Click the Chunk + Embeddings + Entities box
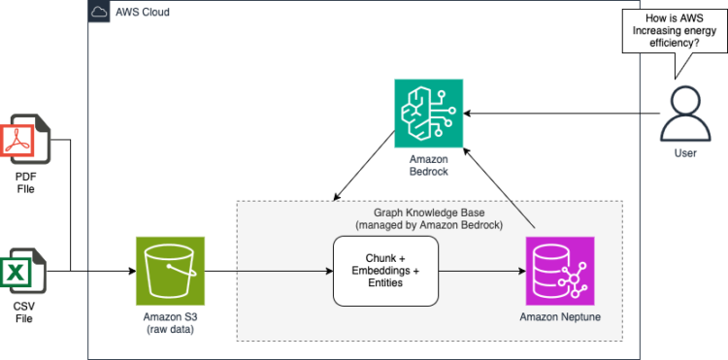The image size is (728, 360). coord(385,269)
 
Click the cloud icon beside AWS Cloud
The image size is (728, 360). coord(99,13)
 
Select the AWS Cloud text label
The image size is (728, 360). coord(144,13)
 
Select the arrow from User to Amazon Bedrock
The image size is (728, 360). coord(563,114)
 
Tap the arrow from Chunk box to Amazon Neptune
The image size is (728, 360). coord(480,269)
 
